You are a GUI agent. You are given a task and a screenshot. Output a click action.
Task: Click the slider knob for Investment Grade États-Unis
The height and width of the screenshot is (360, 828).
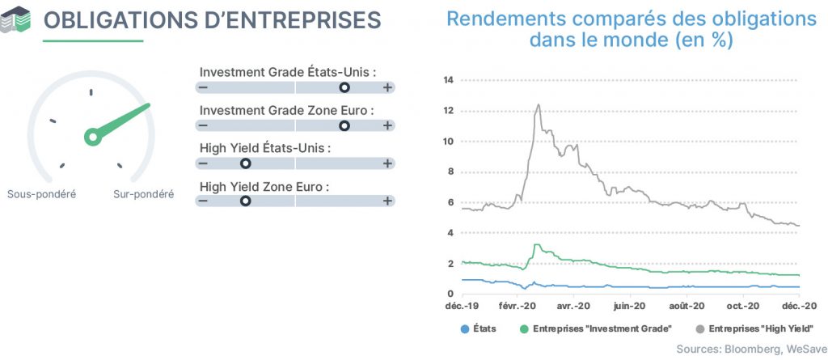(344, 87)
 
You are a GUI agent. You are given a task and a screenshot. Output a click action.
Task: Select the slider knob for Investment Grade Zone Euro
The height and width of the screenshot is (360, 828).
(344, 125)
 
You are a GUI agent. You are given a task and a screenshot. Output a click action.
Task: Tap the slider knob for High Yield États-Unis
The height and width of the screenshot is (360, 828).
(245, 163)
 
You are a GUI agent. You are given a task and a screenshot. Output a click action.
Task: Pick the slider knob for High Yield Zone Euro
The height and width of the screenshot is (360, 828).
(245, 201)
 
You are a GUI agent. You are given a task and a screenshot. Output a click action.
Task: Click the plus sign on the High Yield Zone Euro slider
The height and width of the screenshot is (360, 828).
(387, 201)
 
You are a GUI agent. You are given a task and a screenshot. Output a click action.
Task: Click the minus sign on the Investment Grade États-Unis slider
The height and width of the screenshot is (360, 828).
(203, 87)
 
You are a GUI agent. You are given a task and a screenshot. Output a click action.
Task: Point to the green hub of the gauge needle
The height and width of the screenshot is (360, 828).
(93, 137)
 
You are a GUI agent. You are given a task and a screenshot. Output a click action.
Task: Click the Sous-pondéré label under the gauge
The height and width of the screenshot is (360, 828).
(42, 194)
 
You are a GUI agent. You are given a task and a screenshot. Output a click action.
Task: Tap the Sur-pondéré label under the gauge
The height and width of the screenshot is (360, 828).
(144, 194)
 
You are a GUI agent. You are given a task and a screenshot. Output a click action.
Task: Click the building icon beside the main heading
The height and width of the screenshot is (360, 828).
(15, 19)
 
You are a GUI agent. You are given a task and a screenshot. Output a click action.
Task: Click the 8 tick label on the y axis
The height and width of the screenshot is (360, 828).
(451, 172)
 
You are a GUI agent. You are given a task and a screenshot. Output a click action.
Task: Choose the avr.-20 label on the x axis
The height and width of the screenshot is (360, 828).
(574, 307)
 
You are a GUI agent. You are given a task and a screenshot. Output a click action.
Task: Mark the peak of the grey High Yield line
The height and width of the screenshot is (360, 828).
(538, 104)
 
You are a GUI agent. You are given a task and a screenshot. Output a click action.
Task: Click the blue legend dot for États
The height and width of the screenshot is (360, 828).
(465, 329)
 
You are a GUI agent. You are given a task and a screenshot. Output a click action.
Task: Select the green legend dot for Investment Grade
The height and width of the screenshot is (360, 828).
(524, 329)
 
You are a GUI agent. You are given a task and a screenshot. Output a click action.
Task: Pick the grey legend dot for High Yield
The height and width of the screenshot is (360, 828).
(700, 329)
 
